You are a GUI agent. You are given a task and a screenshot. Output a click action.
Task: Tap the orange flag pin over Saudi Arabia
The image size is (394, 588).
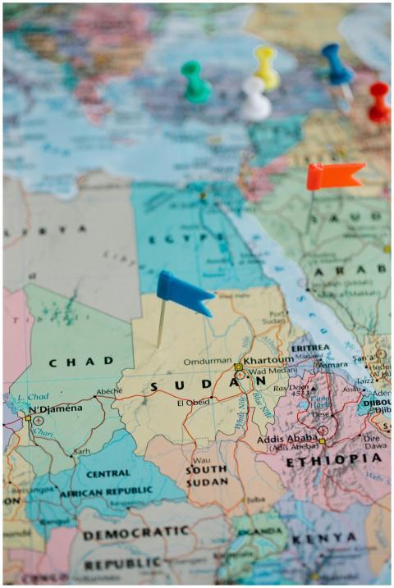point(334,175)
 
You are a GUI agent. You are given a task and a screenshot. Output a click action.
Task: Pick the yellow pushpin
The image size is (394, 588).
point(265,66)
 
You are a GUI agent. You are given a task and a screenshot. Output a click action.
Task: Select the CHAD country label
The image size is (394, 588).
point(80,362)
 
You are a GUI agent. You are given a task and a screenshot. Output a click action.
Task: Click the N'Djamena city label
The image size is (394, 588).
point(56,408)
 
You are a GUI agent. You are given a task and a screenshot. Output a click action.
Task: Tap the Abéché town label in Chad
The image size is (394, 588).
point(108,391)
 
